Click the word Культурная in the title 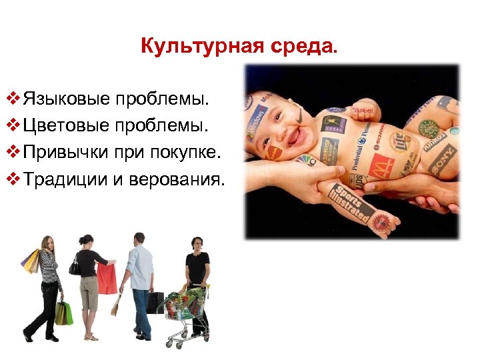click(x=183, y=47)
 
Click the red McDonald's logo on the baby click(x=383, y=163)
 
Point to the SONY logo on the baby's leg click(x=441, y=159)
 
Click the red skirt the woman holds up click(x=107, y=278)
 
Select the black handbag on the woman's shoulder click(x=74, y=267)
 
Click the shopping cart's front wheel click(x=169, y=344)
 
